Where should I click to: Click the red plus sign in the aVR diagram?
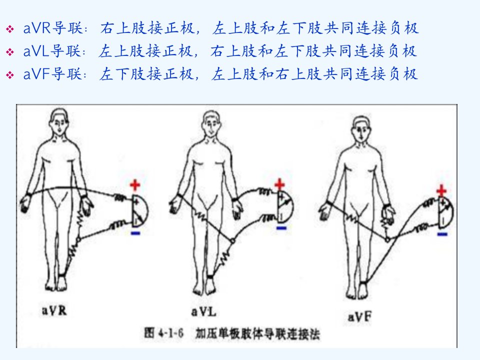pos(135,185)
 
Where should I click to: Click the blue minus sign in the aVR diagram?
pos(135,233)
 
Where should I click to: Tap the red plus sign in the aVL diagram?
pos(279,184)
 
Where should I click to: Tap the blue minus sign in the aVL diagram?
pos(281,228)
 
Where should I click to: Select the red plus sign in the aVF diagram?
pos(441,190)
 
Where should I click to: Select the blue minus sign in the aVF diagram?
pos(442,234)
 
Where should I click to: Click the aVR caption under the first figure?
pos(54,310)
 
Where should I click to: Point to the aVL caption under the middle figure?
pos(203,312)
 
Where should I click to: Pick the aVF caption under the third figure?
pos(359,316)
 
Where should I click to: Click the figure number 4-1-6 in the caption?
pos(171,333)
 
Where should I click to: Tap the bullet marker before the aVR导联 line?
pos(10,29)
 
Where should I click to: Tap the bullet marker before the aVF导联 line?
pos(10,75)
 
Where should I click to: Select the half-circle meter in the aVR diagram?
pos(140,210)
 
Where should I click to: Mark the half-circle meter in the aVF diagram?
pos(446,212)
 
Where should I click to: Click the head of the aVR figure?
pos(59,121)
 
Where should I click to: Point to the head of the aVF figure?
pos(361,128)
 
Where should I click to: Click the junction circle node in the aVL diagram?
pos(232,241)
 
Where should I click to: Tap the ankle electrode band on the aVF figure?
pos(363,282)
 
